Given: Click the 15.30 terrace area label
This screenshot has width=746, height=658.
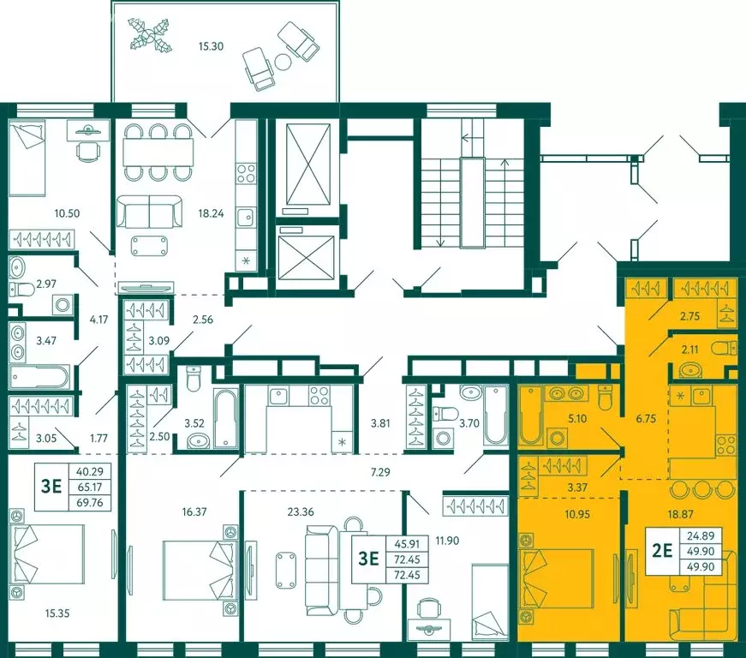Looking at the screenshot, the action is [211, 46].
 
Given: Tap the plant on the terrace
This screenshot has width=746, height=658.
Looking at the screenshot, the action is [151, 34].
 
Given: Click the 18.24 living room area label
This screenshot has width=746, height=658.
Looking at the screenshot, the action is [212, 213].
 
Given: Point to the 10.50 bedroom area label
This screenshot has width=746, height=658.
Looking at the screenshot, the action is [67, 213].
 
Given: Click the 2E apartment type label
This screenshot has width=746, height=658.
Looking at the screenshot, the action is [662, 551].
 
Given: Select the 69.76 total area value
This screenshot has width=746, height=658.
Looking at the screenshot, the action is [90, 502].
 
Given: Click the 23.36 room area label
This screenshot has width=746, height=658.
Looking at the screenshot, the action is [301, 512].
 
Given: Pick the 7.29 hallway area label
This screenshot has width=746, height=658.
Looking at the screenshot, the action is [380, 472].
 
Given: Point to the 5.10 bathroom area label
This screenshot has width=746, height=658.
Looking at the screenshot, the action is [577, 419].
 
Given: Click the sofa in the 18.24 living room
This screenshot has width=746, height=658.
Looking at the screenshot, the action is [150, 212].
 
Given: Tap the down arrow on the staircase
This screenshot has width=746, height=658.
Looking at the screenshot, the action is [440, 229].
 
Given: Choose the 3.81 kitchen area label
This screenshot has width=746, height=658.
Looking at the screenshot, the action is [381, 423].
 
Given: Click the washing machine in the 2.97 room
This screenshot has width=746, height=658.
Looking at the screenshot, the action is [63, 304].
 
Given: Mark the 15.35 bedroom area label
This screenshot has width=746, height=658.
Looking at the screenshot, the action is [57, 613].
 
